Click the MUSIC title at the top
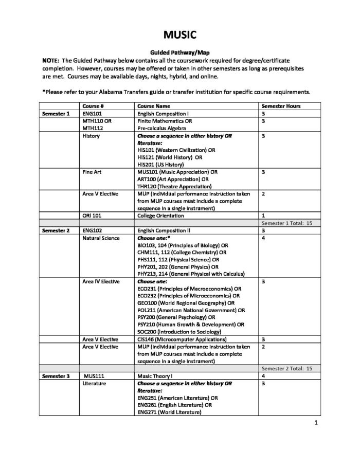coord(180,34)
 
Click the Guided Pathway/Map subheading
coord(179,52)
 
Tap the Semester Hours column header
coord(281,106)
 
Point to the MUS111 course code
coord(94,377)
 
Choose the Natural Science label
coord(101,239)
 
